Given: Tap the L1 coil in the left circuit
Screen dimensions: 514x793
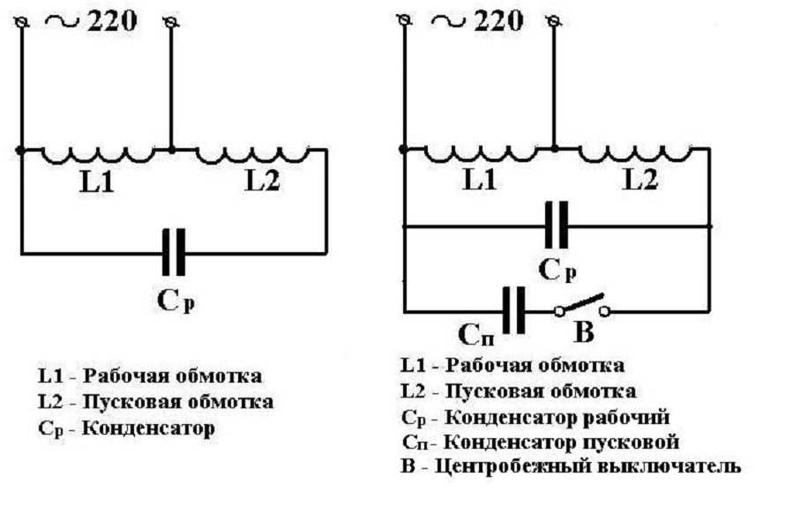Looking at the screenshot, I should [x=97, y=155].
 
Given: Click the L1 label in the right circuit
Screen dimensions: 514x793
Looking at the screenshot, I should [x=478, y=179].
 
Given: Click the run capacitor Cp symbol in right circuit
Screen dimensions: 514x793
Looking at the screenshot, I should [x=557, y=226].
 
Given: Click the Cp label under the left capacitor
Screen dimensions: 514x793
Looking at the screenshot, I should [x=176, y=301].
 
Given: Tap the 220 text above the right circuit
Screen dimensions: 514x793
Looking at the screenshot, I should [x=500, y=19].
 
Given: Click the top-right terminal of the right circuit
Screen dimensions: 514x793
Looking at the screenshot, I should [x=553, y=21].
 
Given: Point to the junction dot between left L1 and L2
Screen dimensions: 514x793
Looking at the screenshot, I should [x=171, y=150].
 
